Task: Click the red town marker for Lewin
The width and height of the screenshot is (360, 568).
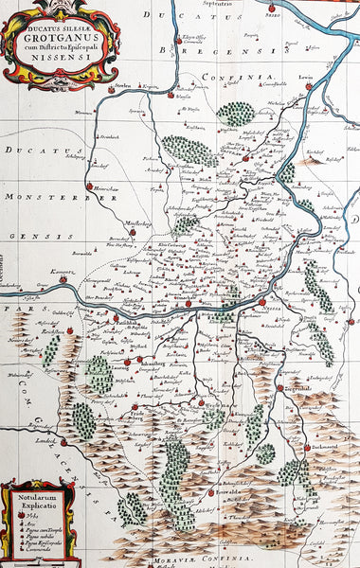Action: click(308, 85)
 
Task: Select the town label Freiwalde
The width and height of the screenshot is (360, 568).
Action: click(230, 492)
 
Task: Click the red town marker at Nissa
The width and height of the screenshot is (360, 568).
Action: click(262, 302)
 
